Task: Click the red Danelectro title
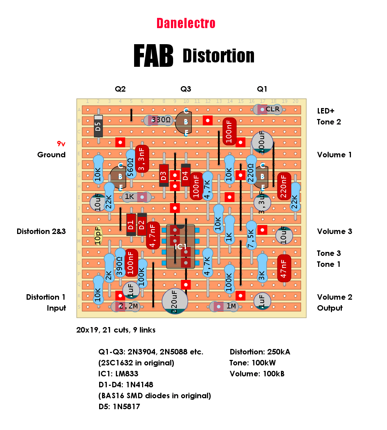[x=186, y=23]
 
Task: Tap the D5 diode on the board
[x=98, y=126]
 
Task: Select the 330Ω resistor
[x=159, y=120]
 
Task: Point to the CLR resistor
[x=268, y=110]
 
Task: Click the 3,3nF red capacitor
[x=142, y=159]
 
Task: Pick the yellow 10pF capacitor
[x=98, y=235]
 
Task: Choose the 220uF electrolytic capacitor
[x=175, y=301]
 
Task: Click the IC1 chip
[x=180, y=246]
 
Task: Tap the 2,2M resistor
[x=126, y=306]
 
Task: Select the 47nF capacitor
[x=284, y=268]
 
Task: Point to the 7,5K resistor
[x=251, y=235]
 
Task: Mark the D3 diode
[x=164, y=176]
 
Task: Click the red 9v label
[x=61, y=143]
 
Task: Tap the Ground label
[x=51, y=155]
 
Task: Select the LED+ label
[x=326, y=111]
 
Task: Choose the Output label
[x=330, y=308]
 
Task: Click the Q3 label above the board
[x=186, y=89]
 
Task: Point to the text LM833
[x=127, y=374]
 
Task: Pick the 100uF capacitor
[x=262, y=142]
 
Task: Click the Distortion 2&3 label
[x=41, y=231]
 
